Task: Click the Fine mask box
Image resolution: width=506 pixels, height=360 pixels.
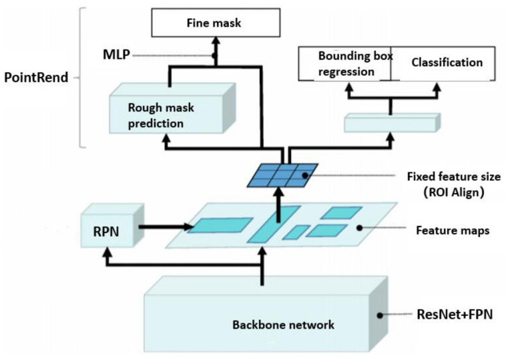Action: pyautogui.click(x=216, y=23)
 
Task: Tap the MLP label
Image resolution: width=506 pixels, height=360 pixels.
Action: pyautogui.click(x=116, y=55)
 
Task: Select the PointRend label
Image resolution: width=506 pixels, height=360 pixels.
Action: pyautogui.click(x=36, y=77)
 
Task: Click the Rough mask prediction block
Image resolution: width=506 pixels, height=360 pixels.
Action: pyautogui.click(x=172, y=108)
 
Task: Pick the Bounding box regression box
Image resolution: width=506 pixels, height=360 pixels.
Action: pyautogui.click(x=344, y=63)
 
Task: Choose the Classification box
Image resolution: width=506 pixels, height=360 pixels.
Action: pyautogui.click(x=443, y=63)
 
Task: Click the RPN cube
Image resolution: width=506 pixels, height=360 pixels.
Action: pyautogui.click(x=112, y=225)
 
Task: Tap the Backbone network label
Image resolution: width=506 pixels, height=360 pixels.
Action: pyautogui.click(x=283, y=325)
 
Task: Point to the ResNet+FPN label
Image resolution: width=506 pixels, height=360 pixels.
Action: pyautogui.click(x=455, y=314)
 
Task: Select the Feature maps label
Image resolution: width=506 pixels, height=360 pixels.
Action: pyautogui.click(x=453, y=230)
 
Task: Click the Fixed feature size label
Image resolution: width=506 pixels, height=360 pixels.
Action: pyautogui.click(x=454, y=176)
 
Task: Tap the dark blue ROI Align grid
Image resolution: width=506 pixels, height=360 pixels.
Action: pyautogui.click(x=282, y=175)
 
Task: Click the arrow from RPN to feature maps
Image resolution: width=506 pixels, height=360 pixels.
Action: pyautogui.click(x=166, y=226)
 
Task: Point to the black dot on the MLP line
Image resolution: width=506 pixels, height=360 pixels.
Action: pyautogui.click(x=214, y=55)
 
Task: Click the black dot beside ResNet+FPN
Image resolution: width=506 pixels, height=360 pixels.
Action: pyautogui.click(x=380, y=315)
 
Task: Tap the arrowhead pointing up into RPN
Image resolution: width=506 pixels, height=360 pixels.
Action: pyautogui.click(x=107, y=251)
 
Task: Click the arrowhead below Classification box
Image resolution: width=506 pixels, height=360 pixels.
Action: pyautogui.click(x=437, y=87)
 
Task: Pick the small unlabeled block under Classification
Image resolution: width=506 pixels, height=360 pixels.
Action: pyautogui.click(x=392, y=122)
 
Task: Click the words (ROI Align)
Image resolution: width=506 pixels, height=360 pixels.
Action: pyautogui.click(x=454, y=192)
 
